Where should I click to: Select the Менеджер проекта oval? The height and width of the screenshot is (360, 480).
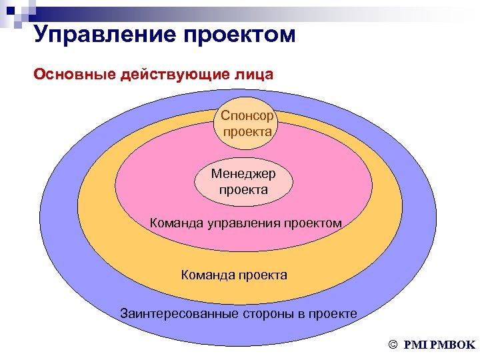point(243,181)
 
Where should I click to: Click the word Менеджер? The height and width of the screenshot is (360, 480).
point(243,174)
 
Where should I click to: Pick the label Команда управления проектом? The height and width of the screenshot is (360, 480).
point(246,223)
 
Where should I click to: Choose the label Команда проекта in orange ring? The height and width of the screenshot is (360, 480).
point(234,274)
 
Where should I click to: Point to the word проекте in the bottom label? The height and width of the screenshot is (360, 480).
point(332,313)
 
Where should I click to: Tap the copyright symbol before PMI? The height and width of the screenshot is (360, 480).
point(392,345)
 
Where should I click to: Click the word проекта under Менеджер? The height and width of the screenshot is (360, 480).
point(243,189)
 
